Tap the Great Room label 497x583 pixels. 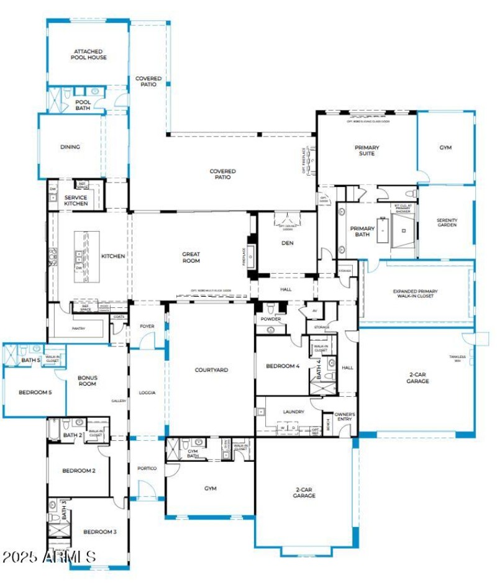(191, 257)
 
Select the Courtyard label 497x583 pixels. (212, 370)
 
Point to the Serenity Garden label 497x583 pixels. (447, 222)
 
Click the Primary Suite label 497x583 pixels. (367, 150)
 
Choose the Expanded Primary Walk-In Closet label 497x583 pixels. (416, 294)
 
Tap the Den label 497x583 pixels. (287, 243)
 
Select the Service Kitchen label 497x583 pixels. (75, 201)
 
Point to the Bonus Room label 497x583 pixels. (87, 381)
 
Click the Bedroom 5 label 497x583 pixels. (35, 392)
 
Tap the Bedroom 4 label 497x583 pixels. (283, 366)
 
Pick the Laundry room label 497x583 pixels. (293, 412)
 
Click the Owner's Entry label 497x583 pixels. (344, 416)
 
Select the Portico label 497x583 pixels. (147, 468)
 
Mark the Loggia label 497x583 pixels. (147, 392)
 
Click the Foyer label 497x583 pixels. (147, 326)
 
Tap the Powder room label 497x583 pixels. (271, 319)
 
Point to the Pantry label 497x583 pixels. (78, 328)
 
